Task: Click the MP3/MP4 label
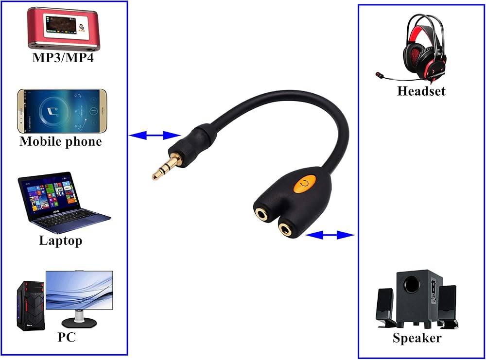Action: (63, 58)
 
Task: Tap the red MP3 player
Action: (64, 28)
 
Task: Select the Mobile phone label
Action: (61, 141)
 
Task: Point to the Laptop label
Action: (61, 240)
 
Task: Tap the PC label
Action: (67, 337)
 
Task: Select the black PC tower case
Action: (30, 306)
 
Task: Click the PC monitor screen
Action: (79, 291)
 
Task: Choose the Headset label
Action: (421, 91)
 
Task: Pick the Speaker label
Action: (417, 338)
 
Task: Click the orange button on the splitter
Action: (304, 183)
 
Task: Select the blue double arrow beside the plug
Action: (155, 135)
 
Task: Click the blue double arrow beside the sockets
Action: (330, 235)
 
